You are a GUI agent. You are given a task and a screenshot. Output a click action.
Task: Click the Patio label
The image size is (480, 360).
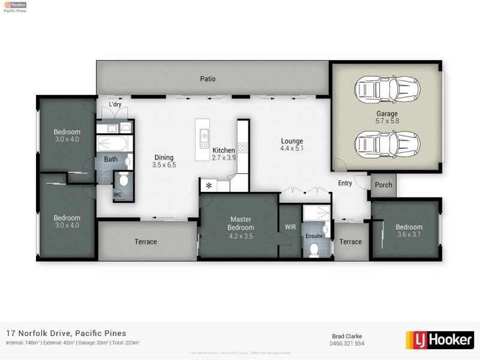click(x=208, y=79)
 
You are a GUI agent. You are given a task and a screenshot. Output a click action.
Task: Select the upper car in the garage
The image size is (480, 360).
click(x=387, y=90)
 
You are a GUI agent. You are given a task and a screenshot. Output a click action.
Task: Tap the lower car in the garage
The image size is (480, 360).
click(x=387, y=144)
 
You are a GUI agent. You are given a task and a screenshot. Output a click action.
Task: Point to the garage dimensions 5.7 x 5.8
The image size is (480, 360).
click(x=387, y=121)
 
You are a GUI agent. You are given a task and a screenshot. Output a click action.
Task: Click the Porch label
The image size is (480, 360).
click(x=383, y=185)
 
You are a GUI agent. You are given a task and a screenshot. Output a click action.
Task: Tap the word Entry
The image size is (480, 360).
click(x=345, y=184)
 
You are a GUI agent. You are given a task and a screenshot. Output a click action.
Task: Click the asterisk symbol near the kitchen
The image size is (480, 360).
click(x=209, y=186)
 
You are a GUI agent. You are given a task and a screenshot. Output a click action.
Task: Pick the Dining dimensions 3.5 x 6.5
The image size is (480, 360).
click(x=164, y=165)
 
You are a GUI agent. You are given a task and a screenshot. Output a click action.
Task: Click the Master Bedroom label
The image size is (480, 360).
click(x=241, y=223)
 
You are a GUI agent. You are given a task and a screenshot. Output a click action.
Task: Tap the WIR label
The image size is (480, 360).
click(x=290, y=227)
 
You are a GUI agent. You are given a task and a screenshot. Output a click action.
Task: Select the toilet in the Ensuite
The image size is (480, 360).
click(x=314, y=249)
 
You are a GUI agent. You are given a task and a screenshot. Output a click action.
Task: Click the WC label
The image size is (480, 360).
click(x=118, y=194)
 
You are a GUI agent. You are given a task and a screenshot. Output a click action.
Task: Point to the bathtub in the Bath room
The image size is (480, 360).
click(x=111, y=144)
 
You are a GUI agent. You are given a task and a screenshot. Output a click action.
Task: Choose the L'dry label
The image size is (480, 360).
click(x=115, y=105)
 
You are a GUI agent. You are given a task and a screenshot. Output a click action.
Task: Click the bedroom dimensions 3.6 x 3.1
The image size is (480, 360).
click(x=409, y=235)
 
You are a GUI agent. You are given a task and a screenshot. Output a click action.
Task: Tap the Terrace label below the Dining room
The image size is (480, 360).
click(x=146, y=242)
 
